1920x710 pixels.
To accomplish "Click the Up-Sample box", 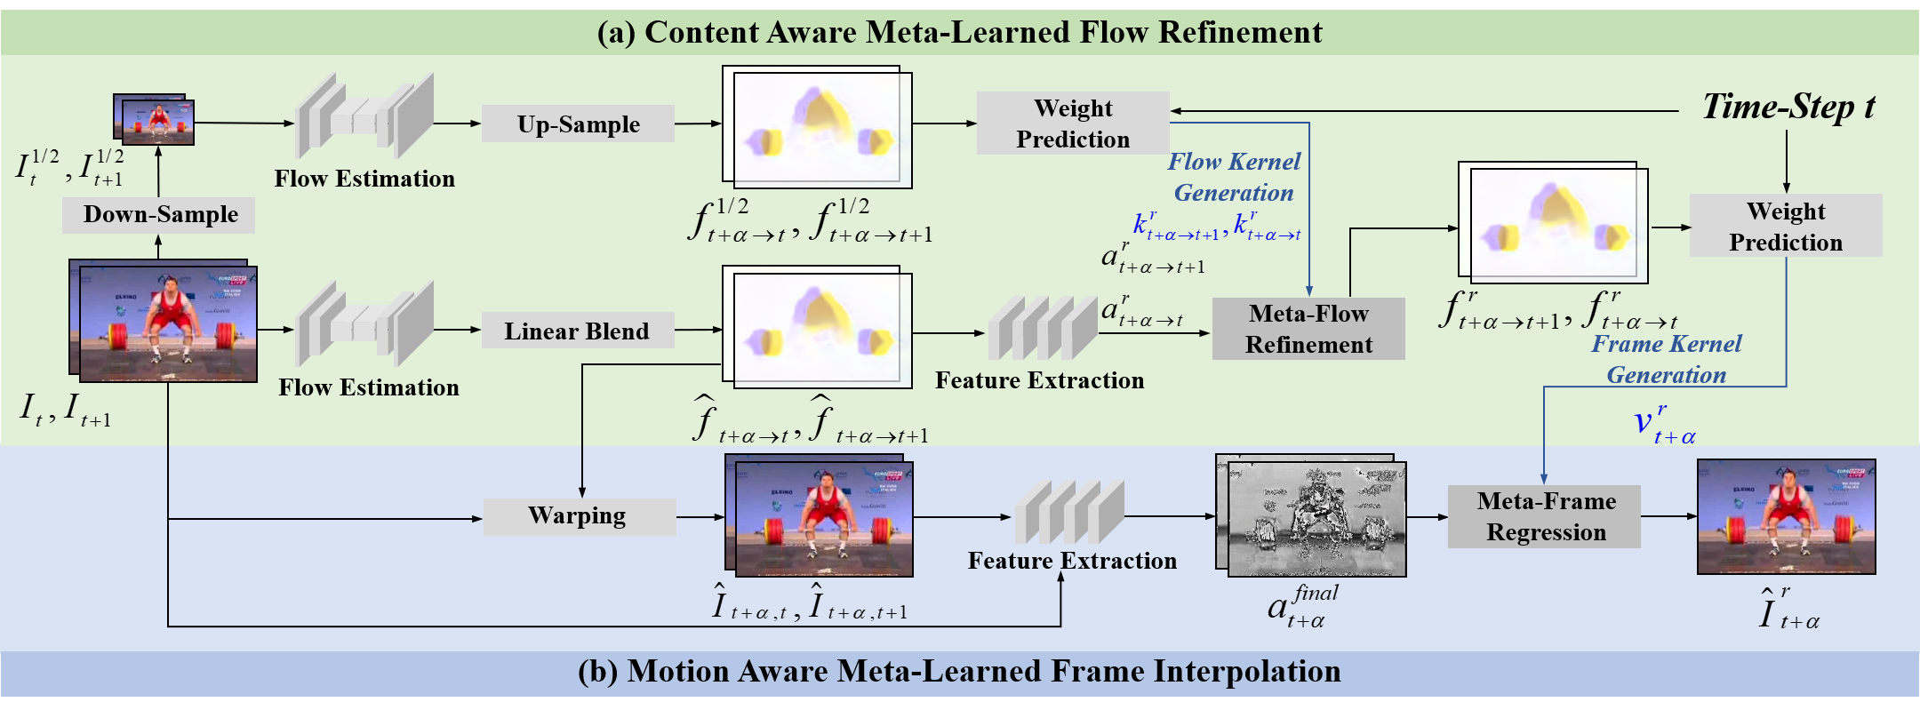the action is pyautogui.click(x=578, y=124).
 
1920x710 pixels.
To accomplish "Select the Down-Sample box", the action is pyautogui.click(x=159, y=215).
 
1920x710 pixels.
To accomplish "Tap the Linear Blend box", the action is pyautogui.click(x=577, y=331).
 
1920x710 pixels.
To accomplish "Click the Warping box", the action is pyautogui.click(x=579, y=516).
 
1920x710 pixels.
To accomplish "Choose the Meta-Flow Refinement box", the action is pyautogui.click(x=1308, y=329).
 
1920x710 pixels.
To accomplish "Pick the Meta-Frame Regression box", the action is pyautogui.click(x=1545, y=516).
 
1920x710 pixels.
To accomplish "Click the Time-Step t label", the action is pyautogui.click(x=1788, y=107).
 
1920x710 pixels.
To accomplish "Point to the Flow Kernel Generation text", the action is pyautogui.click(x=1234, y=177).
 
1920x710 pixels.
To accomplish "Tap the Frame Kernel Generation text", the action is pyautogui.click(x=1667, y=359).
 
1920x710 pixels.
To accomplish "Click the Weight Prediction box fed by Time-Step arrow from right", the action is pyautogui.click(x=1073, y=124).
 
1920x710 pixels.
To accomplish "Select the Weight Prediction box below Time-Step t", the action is pyautogui.click(x=1786, y=226).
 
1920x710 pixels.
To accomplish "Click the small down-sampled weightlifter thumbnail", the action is pyautogui.click(x=155, y=119).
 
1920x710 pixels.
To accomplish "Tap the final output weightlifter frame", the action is pyautogui.click(x=1787, y=516).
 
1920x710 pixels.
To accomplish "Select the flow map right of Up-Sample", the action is pyautogui.click(x=817, y=126).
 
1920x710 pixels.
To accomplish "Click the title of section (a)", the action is pyautogui.click(x=960, y=32).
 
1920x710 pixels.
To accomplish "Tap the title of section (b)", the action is pyautogui.click(x=960, y=672).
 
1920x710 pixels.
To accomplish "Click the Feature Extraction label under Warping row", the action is pyautogui.click(x=1072, y=561).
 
